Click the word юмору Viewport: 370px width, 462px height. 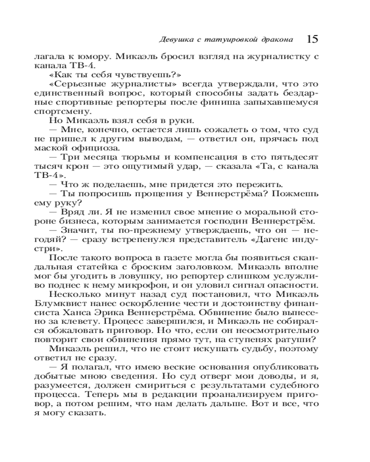95,57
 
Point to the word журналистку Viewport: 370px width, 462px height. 271,57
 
